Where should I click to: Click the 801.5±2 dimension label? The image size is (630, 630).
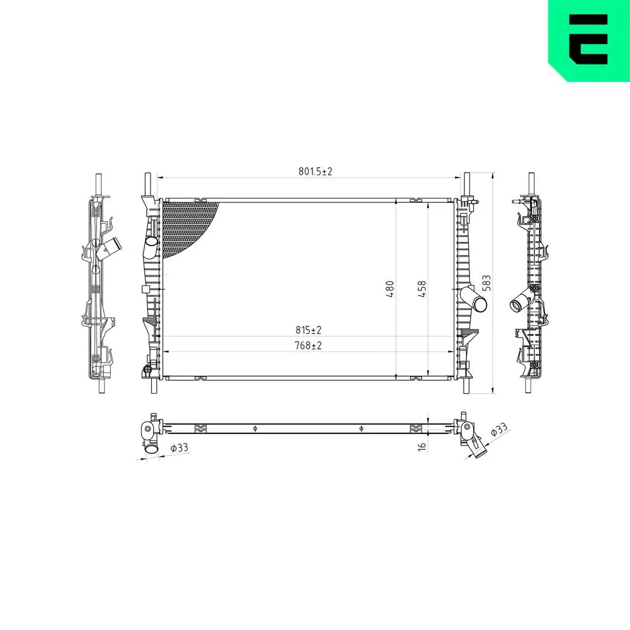[316, 171]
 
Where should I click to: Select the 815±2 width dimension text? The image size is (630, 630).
[309, 330]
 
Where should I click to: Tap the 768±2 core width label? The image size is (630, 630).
[308, 345]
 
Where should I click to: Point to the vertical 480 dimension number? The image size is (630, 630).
[390, 289]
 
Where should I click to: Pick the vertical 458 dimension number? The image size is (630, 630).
[422, 289]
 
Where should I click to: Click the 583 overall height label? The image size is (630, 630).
[486, 283]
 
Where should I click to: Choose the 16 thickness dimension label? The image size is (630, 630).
[422, 447]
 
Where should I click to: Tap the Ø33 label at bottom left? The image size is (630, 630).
[179, 447]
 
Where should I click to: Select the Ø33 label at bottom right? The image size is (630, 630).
[499, 430]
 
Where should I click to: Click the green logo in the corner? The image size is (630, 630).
[589, 40]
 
